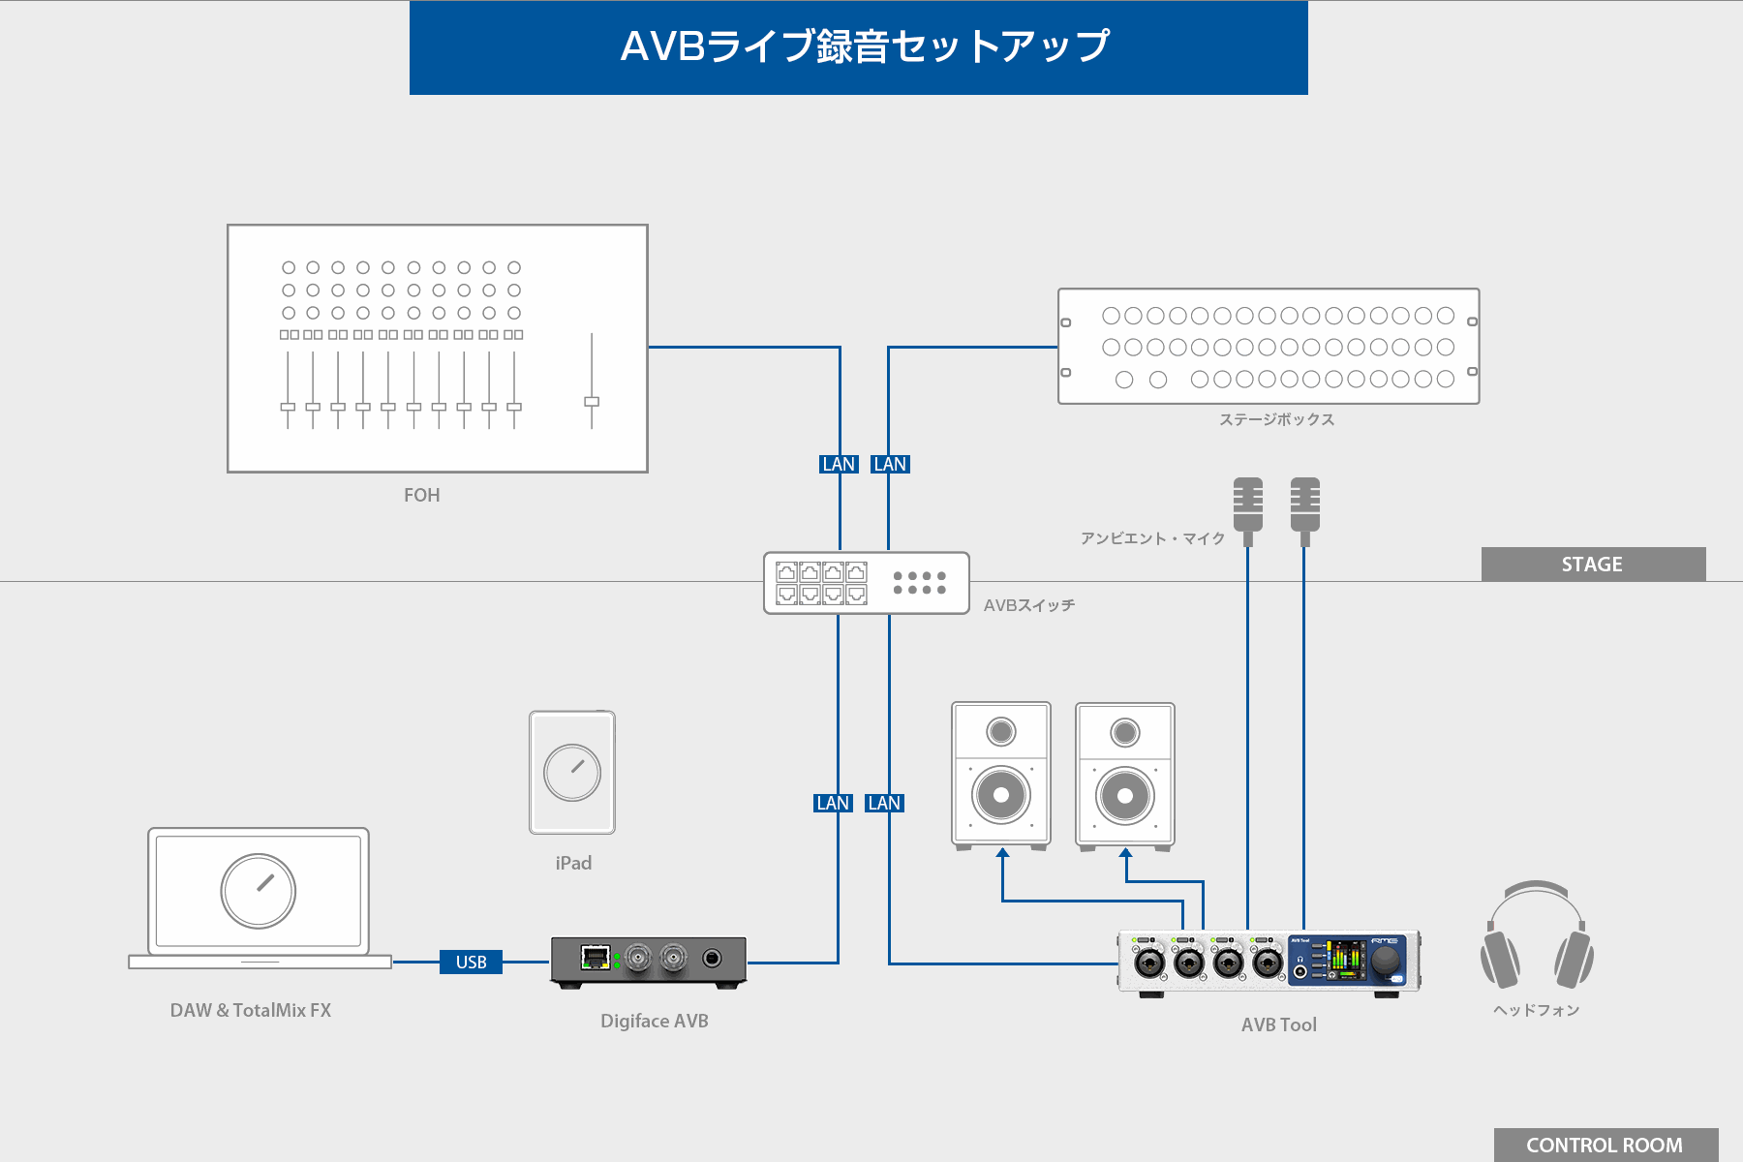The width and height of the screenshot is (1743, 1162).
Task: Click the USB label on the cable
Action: click(x=471, y=962)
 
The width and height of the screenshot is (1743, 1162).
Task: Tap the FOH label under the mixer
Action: click(x=421, y=495)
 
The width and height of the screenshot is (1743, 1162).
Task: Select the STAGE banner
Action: click(x=1592, y=565)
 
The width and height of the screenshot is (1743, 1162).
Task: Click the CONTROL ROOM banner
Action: click(x=1604, y=1145)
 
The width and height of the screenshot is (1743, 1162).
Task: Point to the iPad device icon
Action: click(x=572, y=773)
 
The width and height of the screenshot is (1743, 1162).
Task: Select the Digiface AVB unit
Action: click(x=649, y=961)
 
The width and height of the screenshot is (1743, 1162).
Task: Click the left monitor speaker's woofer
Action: click(x=1001, y=795)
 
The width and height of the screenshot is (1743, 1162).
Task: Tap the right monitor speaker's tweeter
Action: click(x=1125, y=733)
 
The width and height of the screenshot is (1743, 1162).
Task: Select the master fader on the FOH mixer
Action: click(x=592, y=401)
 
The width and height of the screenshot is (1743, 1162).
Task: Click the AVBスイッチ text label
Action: click(x=1028, y=605)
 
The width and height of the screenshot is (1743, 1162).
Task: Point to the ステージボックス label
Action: click(x=1276, y=419)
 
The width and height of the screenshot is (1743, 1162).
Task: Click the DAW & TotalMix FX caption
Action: click(x=250, y=1010)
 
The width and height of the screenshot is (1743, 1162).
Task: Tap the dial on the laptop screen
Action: click(x=259, y=890)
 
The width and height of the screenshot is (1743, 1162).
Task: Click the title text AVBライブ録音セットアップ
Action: click(x=864, y=46)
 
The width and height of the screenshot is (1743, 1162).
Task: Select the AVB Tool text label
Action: click(x=1278, y=1024)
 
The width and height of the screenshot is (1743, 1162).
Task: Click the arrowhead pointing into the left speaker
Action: click(x=1002, y=853)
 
